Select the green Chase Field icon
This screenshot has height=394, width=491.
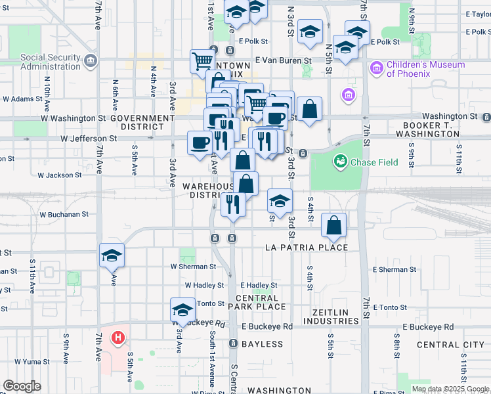pyautogui.click(x=341, y=161)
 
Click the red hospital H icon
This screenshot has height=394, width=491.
pyautogui.click(x=118, y=338)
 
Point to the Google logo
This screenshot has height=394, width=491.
pyautogui.click(x=22, y=386)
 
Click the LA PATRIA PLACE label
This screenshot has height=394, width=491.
pyautogui.click(x=306, y=248)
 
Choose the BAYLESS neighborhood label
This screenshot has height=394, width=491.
pyautogui.click(x=262, y=344)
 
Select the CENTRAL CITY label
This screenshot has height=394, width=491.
pyautogui.click(x=450, y=345)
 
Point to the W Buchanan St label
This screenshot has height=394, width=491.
pyautogui.click(x=64, y=215)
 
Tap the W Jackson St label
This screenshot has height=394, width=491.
pyautogui.click(x=59, y=175)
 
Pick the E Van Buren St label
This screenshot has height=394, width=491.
pyautogui.click(x=283, y=60)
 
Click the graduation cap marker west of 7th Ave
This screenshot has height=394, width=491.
pyautogui.click(x=112, y=255)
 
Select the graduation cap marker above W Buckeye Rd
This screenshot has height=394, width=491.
pyautogui.click(x=182, y=309)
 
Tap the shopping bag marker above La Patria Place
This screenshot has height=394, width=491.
pyautogui.click(x=334, y=225)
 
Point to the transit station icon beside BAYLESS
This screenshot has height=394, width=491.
pyautogui.click(x=233, y=343)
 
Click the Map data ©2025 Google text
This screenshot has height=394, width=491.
pyautogui.click(x=450, y=389)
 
